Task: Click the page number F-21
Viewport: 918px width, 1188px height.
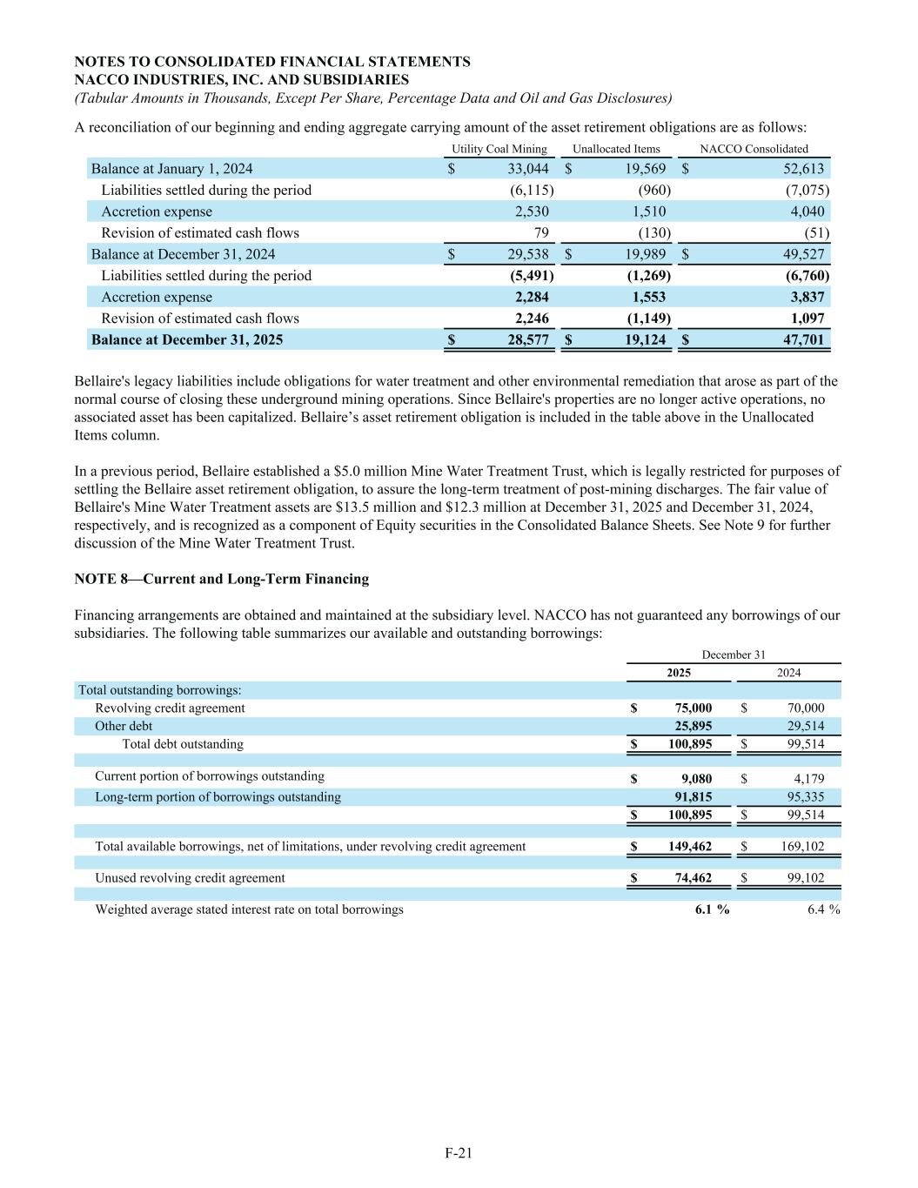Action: [x=459, y=1153]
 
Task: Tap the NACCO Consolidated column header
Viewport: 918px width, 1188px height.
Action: [x=754, y=149]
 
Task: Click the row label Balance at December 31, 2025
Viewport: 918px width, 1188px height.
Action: [x=187, y=339]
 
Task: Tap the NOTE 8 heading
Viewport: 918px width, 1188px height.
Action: [x=222, y=579]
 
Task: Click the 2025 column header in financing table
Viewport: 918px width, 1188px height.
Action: [x=679, y=673]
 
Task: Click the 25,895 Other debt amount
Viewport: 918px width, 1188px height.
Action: [x=694, y=726]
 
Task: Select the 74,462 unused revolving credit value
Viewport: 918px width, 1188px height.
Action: [x=694, y=878]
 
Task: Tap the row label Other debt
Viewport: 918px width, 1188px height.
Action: [x=124, y=726]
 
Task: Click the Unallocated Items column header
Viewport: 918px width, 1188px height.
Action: [x=616, y=149]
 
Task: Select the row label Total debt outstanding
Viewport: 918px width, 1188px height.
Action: [x=183, y=744]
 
